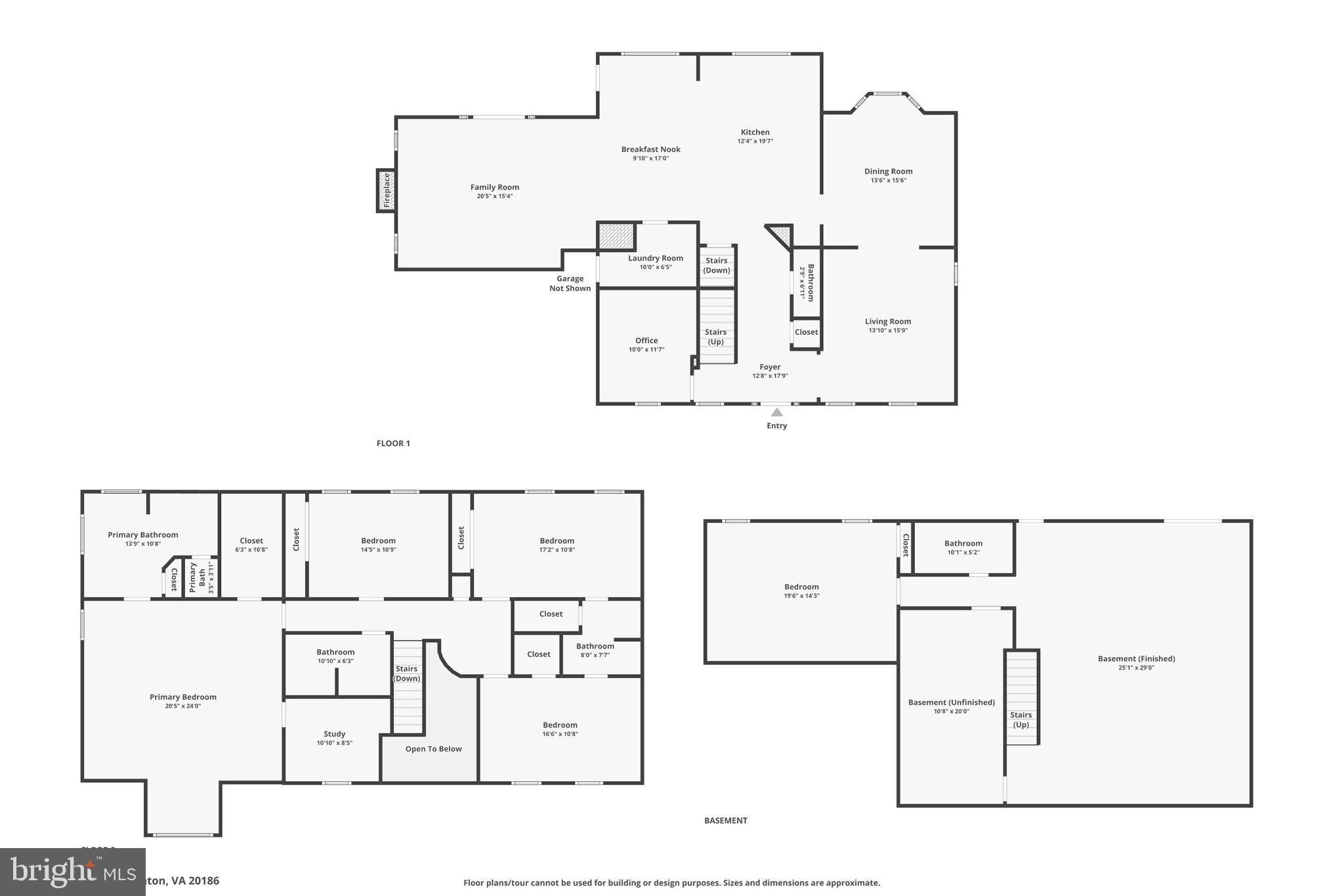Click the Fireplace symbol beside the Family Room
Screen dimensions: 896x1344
387,190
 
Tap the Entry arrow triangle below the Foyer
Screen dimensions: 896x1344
776,413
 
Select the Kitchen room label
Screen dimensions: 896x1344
755,133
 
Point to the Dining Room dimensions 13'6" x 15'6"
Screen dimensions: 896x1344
888,181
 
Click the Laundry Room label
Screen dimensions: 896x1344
655,259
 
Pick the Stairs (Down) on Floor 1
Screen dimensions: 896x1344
716,266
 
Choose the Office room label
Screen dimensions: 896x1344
646,341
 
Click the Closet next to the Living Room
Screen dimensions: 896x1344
806,332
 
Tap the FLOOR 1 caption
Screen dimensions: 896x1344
393,444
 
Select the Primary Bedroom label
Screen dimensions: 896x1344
182,697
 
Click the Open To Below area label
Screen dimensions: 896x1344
433,749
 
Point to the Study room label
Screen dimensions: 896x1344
334,735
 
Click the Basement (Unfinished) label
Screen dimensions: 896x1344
951,702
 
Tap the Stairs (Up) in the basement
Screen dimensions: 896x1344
1020,720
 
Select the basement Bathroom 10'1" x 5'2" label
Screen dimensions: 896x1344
963,544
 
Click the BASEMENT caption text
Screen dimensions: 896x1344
725,821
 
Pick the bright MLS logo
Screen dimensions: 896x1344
72,872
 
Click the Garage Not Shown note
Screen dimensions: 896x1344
570,284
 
